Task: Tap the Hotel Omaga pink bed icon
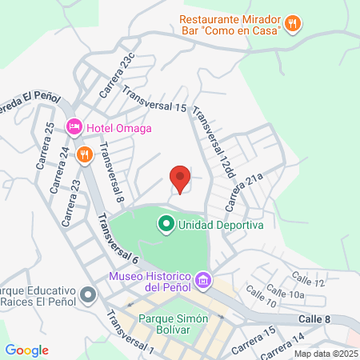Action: (74, 126)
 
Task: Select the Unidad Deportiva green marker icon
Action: (166, 225)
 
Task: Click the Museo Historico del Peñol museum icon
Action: (203, 280)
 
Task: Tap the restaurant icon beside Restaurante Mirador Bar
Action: (293, 23)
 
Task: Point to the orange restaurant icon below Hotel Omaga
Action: (82, 154)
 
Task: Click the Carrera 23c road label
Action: (118, 77)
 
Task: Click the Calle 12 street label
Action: (308, 280)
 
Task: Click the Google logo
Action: (26, 350)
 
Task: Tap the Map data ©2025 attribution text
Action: (324, 354)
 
